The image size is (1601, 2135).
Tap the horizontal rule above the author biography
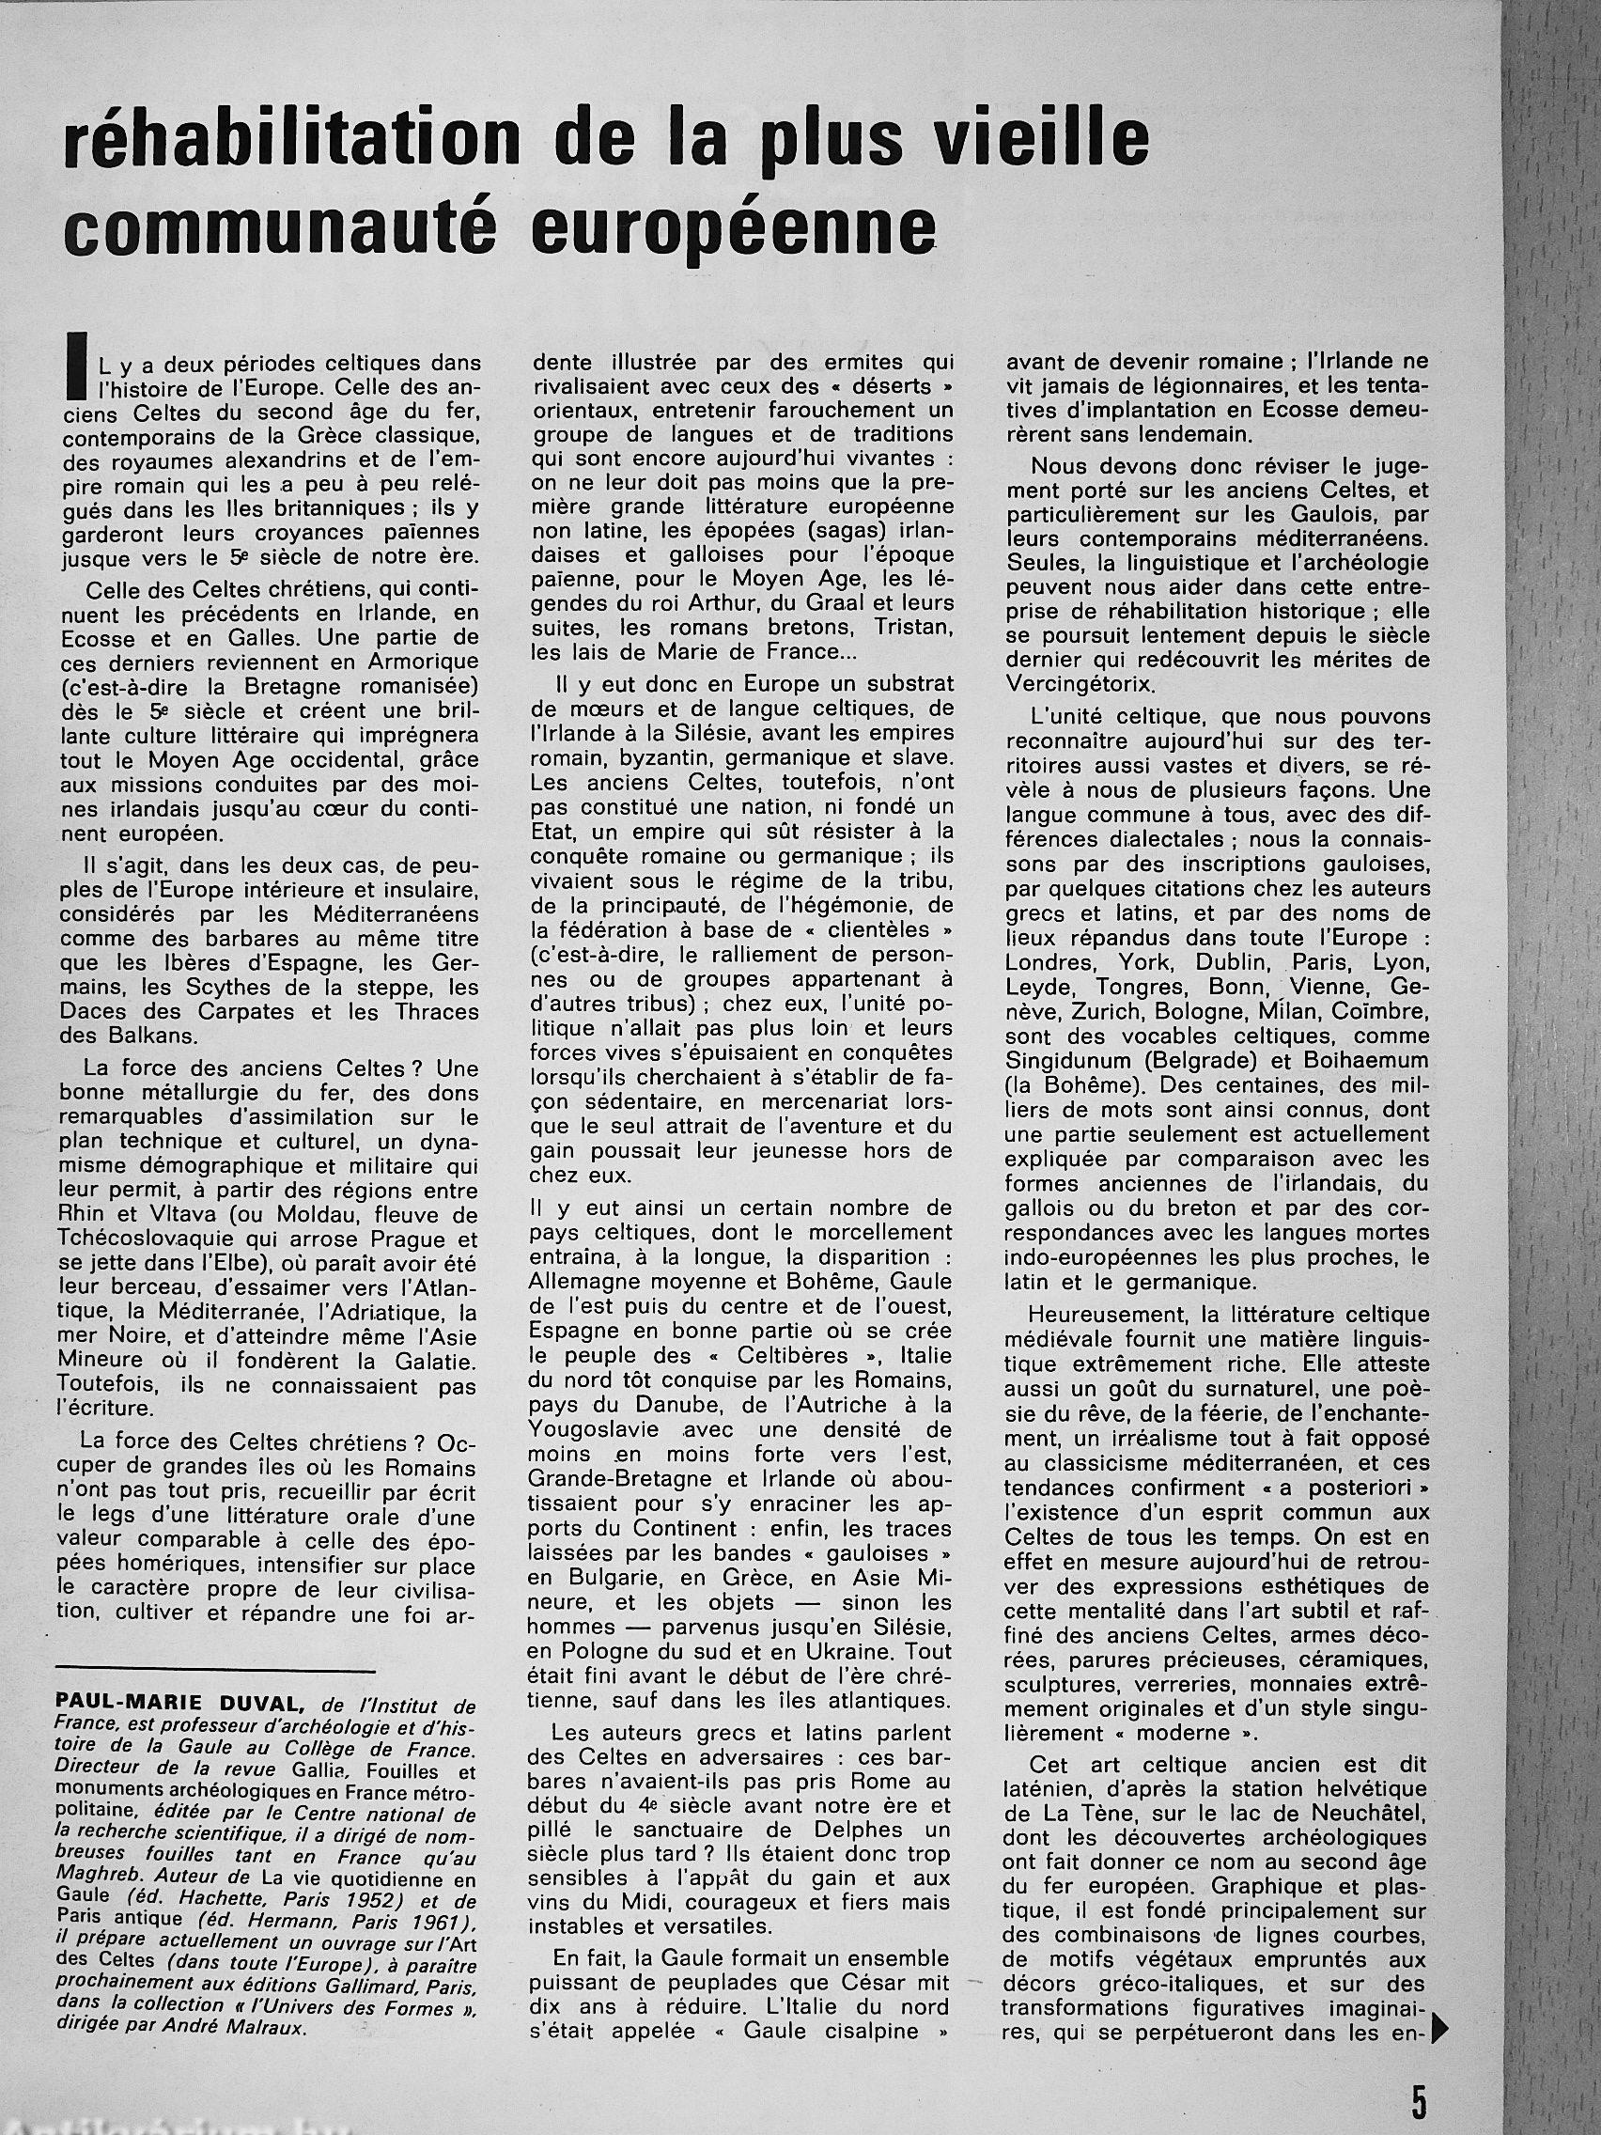[x=215, y=1669]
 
